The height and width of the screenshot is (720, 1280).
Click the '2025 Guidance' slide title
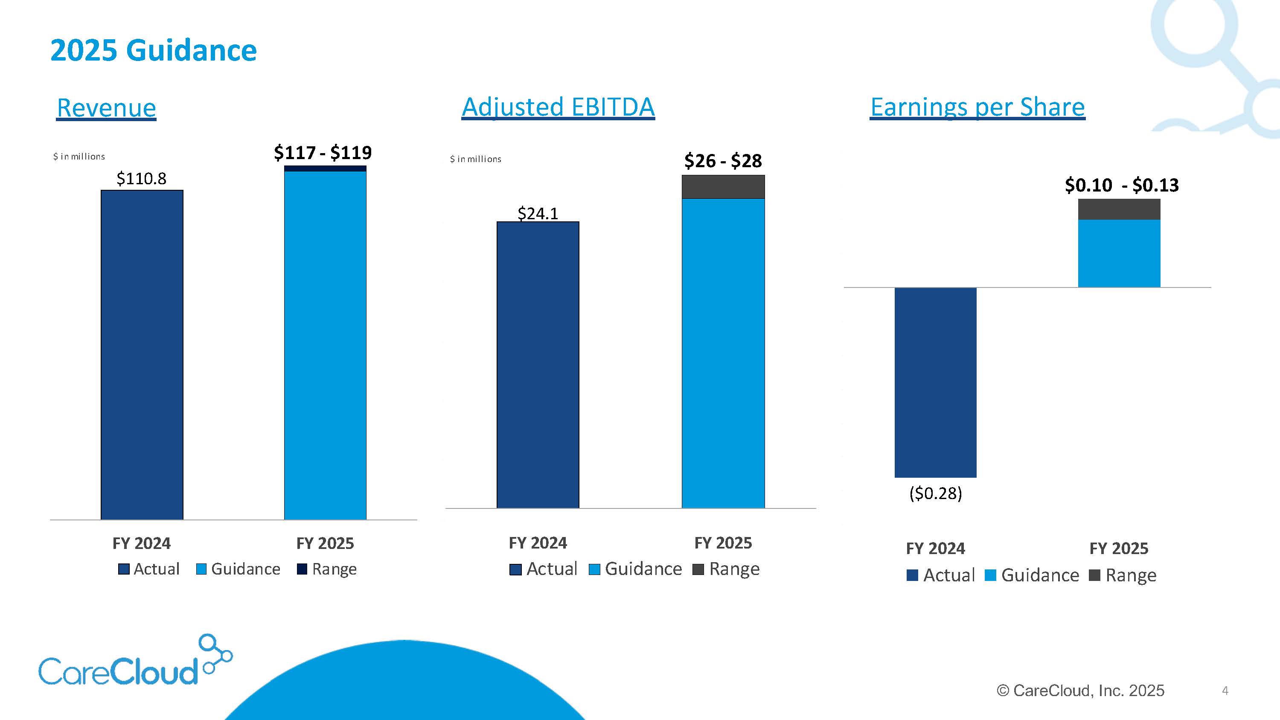pos(153,51)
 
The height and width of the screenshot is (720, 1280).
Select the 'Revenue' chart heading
pos(106,108)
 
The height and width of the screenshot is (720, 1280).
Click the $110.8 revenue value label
pos(142,178)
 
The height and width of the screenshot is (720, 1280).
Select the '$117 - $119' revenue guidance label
pos(323,153)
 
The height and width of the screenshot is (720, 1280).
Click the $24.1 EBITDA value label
pos(538,214)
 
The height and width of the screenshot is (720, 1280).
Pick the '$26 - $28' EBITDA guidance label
pos(723,161)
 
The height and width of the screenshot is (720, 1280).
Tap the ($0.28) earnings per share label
pos(936,494)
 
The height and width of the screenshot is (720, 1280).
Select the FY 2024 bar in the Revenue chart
pos(142,355)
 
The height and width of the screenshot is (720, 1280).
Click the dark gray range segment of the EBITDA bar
pos(723,187)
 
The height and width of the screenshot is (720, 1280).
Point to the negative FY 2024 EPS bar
pos(936,383)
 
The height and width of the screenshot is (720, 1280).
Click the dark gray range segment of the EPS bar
pos(1119,209)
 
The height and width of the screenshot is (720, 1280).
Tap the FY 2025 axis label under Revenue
pos(325,543)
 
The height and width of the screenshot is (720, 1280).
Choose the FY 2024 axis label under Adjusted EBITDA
pos(538,543)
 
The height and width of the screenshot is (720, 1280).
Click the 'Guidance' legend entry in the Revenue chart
pos(239,569)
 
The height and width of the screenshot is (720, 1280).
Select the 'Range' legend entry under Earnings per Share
pos(1123,575)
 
